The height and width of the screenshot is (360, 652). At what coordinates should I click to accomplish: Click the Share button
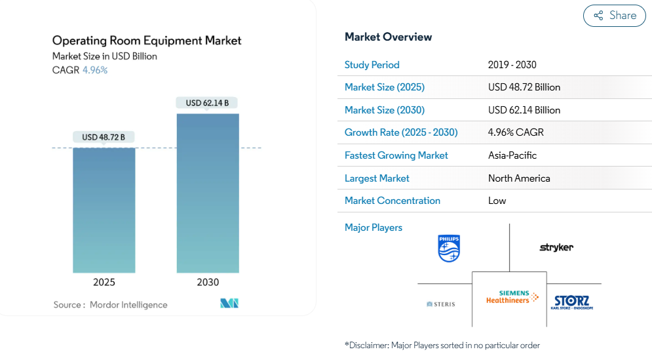pos(614,16)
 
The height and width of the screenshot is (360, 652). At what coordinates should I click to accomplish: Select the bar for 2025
pos(104,210)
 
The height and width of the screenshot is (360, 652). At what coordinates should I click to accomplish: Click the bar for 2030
pos(208,193)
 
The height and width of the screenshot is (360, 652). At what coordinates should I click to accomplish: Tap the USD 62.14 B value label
pos(207,103)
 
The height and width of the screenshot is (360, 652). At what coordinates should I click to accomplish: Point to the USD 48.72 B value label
pos(104,137)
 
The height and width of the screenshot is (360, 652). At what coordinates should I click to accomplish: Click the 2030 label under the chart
pos(208,282)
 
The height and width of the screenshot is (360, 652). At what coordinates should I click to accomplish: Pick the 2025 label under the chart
pos(104,282)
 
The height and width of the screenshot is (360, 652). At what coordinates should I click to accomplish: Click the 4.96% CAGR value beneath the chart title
pos(95,70)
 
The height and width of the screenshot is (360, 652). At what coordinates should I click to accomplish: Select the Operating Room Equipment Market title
pos(147,41)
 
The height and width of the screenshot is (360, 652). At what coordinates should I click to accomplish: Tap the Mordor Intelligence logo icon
pos(229,303)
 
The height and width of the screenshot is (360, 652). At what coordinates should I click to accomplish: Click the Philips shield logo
pos(449,249)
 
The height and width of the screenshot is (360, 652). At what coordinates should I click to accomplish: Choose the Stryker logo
pos(556,247)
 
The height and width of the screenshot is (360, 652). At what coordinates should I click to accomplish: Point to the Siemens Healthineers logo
pos(512,297)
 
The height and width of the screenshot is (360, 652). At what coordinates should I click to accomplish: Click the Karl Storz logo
pos(572,302)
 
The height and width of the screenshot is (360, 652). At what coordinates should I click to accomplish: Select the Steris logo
pos(441,304)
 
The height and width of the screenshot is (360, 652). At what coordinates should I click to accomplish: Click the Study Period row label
pos(372,65)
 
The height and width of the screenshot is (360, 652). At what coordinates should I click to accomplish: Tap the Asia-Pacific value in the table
pos(512,155)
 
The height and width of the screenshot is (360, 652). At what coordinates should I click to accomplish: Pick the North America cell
pos(519,178)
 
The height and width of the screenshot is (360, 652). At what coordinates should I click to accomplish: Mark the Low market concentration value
pos(497,201)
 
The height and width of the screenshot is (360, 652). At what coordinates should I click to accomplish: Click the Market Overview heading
pos(389,37)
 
